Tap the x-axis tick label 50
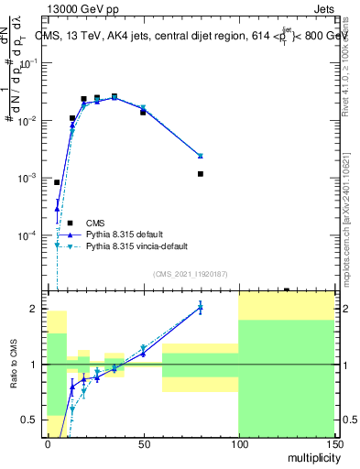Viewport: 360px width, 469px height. [x=143, y=443]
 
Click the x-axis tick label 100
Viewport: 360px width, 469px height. [x=238, y=443]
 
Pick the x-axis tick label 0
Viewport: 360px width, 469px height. [x=48, y=443]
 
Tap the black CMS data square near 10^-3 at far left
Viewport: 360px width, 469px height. [x=57, y=182]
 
